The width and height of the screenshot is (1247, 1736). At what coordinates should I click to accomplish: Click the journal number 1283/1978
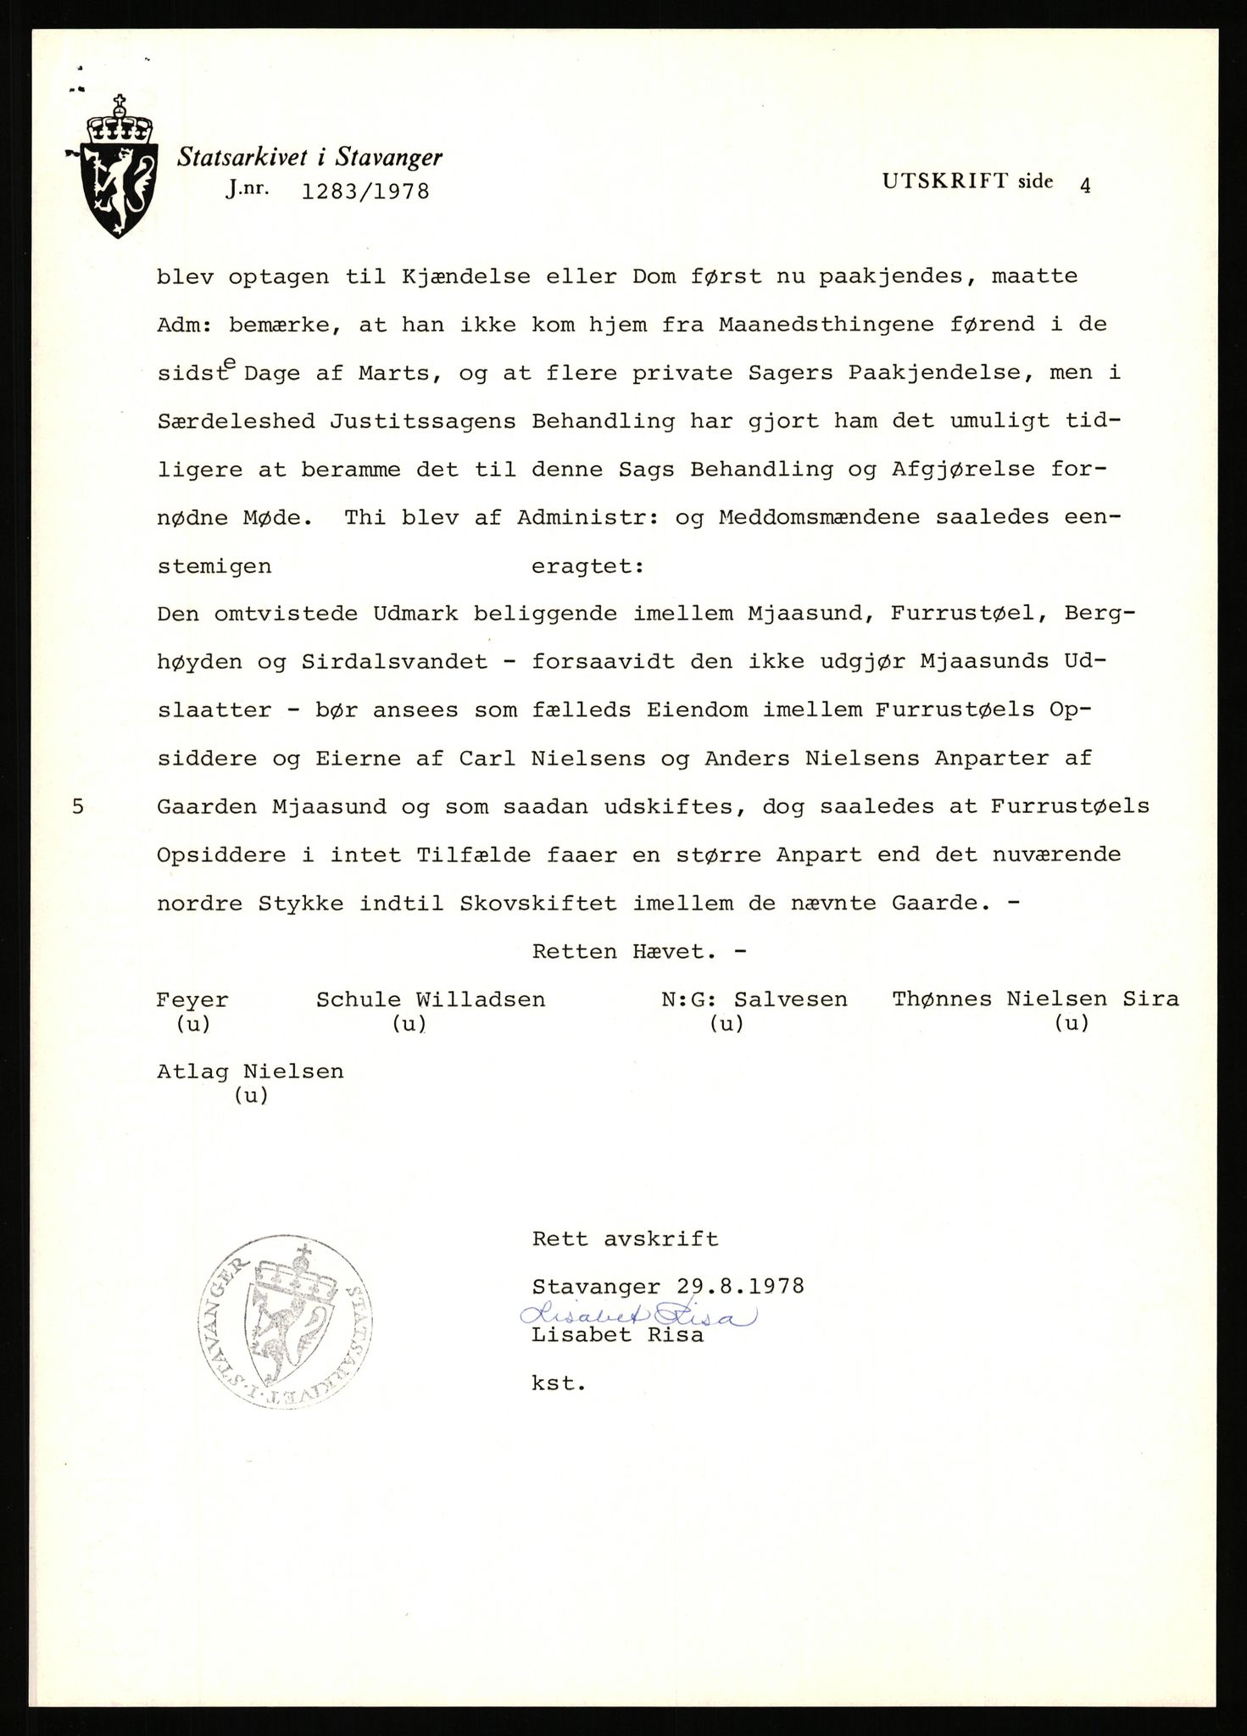pos(365,192)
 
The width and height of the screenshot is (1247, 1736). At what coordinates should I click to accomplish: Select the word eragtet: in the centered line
pos(587,566)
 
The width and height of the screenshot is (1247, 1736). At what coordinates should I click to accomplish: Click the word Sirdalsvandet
pos(394,662)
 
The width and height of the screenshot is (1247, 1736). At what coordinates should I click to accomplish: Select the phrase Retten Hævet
pos(639,951)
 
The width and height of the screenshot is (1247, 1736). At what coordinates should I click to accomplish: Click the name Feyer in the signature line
pos(192,999)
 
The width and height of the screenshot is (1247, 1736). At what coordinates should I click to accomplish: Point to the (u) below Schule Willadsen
pos(409,1024)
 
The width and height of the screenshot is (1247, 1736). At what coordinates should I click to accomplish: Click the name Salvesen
pos(791,999)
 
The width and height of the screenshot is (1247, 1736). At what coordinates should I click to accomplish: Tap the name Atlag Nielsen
pos(250,1071)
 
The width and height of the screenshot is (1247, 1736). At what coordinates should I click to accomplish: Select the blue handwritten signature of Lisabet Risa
pos(637,1314)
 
